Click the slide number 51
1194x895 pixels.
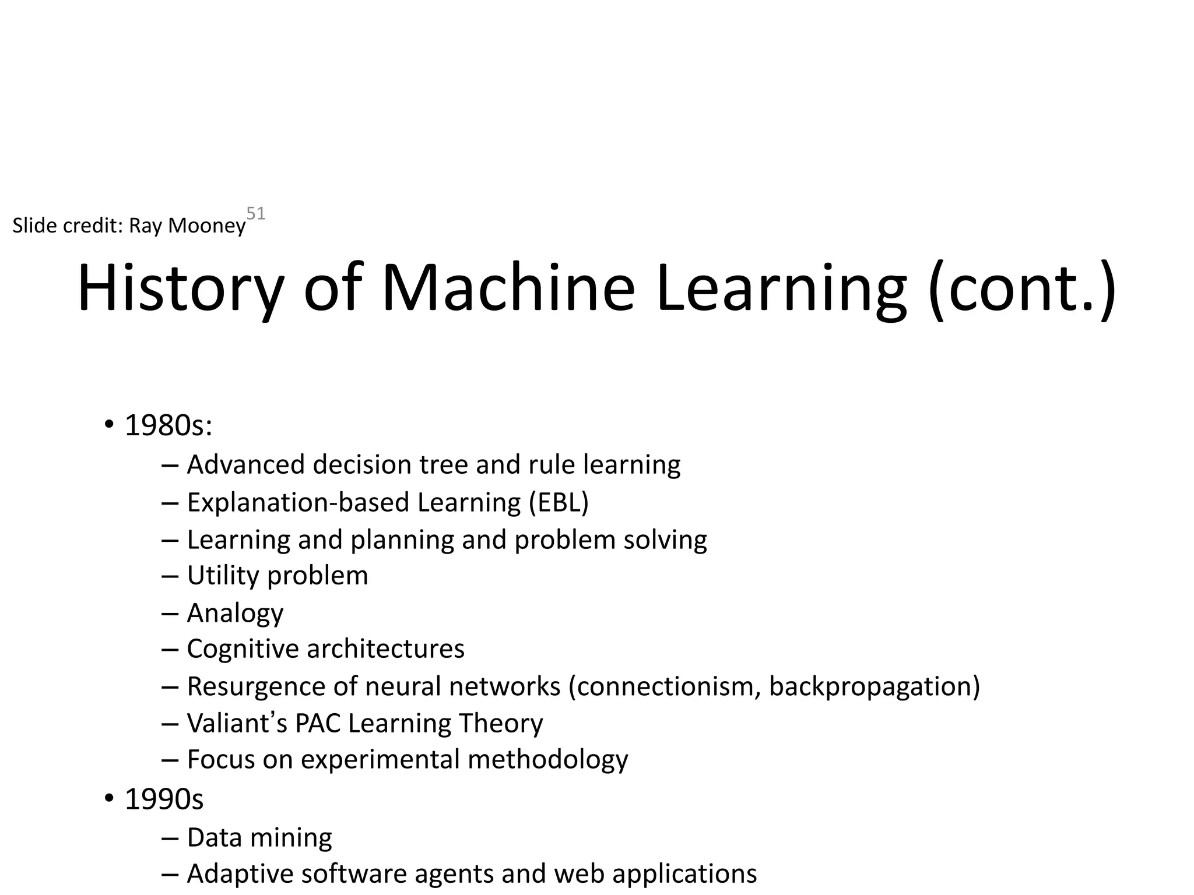point(256,214)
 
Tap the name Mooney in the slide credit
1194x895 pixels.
point(207,225)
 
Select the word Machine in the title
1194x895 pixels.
point(508,288)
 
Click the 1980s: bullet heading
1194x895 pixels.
point(168,425)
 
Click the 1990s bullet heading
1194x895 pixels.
point(164,799)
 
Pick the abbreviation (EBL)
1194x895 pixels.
point(559,502)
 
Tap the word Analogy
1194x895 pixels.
point(235,613)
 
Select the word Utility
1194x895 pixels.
point(223,576)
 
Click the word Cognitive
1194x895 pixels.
point(243,649)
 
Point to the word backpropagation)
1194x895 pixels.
point(875,686)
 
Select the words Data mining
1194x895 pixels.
point(259,837)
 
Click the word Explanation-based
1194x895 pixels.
point(298,502)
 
